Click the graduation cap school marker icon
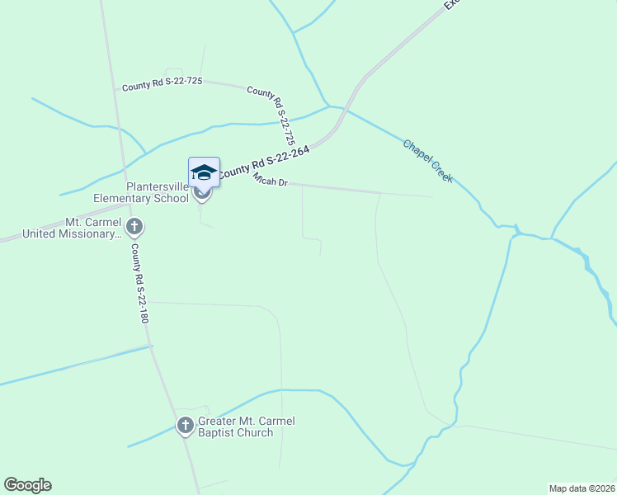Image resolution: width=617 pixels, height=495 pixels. [204, 173]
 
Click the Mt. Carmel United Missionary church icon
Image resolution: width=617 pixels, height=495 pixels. [134, 226]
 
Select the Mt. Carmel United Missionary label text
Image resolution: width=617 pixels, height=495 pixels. [72, 229]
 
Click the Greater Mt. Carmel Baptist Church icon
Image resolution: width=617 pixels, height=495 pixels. [185, 426]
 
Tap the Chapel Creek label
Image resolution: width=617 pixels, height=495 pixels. [427, 160]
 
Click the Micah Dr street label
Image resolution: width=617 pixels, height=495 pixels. [270, 181]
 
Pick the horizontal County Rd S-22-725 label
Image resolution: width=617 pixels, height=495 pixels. [162, 84]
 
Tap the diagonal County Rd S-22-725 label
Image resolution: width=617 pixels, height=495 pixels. [281, 116]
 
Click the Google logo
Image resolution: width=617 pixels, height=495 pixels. [27, 485]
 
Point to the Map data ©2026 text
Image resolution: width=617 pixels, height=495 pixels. [582, 488]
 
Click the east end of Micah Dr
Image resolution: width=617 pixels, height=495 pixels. [432, 196]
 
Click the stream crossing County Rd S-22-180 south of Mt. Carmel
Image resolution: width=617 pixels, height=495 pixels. [152, 346]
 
